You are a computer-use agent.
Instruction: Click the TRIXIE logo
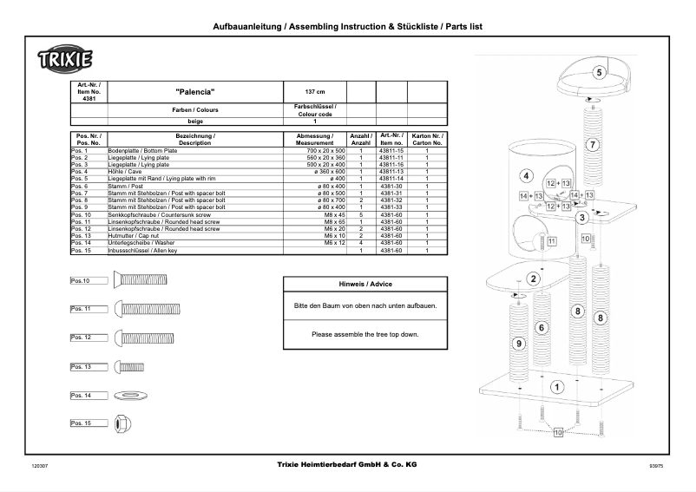(65, 62)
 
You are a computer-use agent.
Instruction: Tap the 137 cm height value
(315, 91)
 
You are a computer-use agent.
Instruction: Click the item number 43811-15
(392, 151)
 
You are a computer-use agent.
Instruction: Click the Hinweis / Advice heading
(371, 284)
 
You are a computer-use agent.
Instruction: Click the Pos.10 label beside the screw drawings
(81, 280)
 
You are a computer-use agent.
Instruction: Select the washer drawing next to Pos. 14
(131, 395)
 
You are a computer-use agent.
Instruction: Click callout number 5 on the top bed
(600, 73)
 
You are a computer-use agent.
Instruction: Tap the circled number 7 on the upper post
(591, 145)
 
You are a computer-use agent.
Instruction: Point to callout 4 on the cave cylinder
(525, 175)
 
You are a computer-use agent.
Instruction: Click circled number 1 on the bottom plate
(556, 386)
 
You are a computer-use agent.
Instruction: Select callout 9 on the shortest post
(520, 344)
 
